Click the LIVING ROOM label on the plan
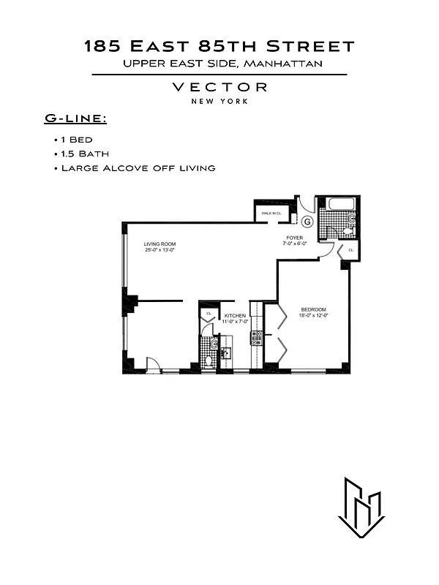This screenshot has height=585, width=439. click(160, 244)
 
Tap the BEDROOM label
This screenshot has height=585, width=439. click(313, 309)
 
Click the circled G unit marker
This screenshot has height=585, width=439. click(307, 221)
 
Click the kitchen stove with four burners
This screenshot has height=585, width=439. click(257, 337)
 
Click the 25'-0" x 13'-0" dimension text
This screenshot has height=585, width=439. click(160, 251)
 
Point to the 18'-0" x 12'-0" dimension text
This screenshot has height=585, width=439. click(314, 316)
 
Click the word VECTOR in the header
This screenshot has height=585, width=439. click(219, 87)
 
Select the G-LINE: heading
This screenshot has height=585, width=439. click(75, 118)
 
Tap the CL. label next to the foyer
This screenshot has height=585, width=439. click(350, 251)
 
